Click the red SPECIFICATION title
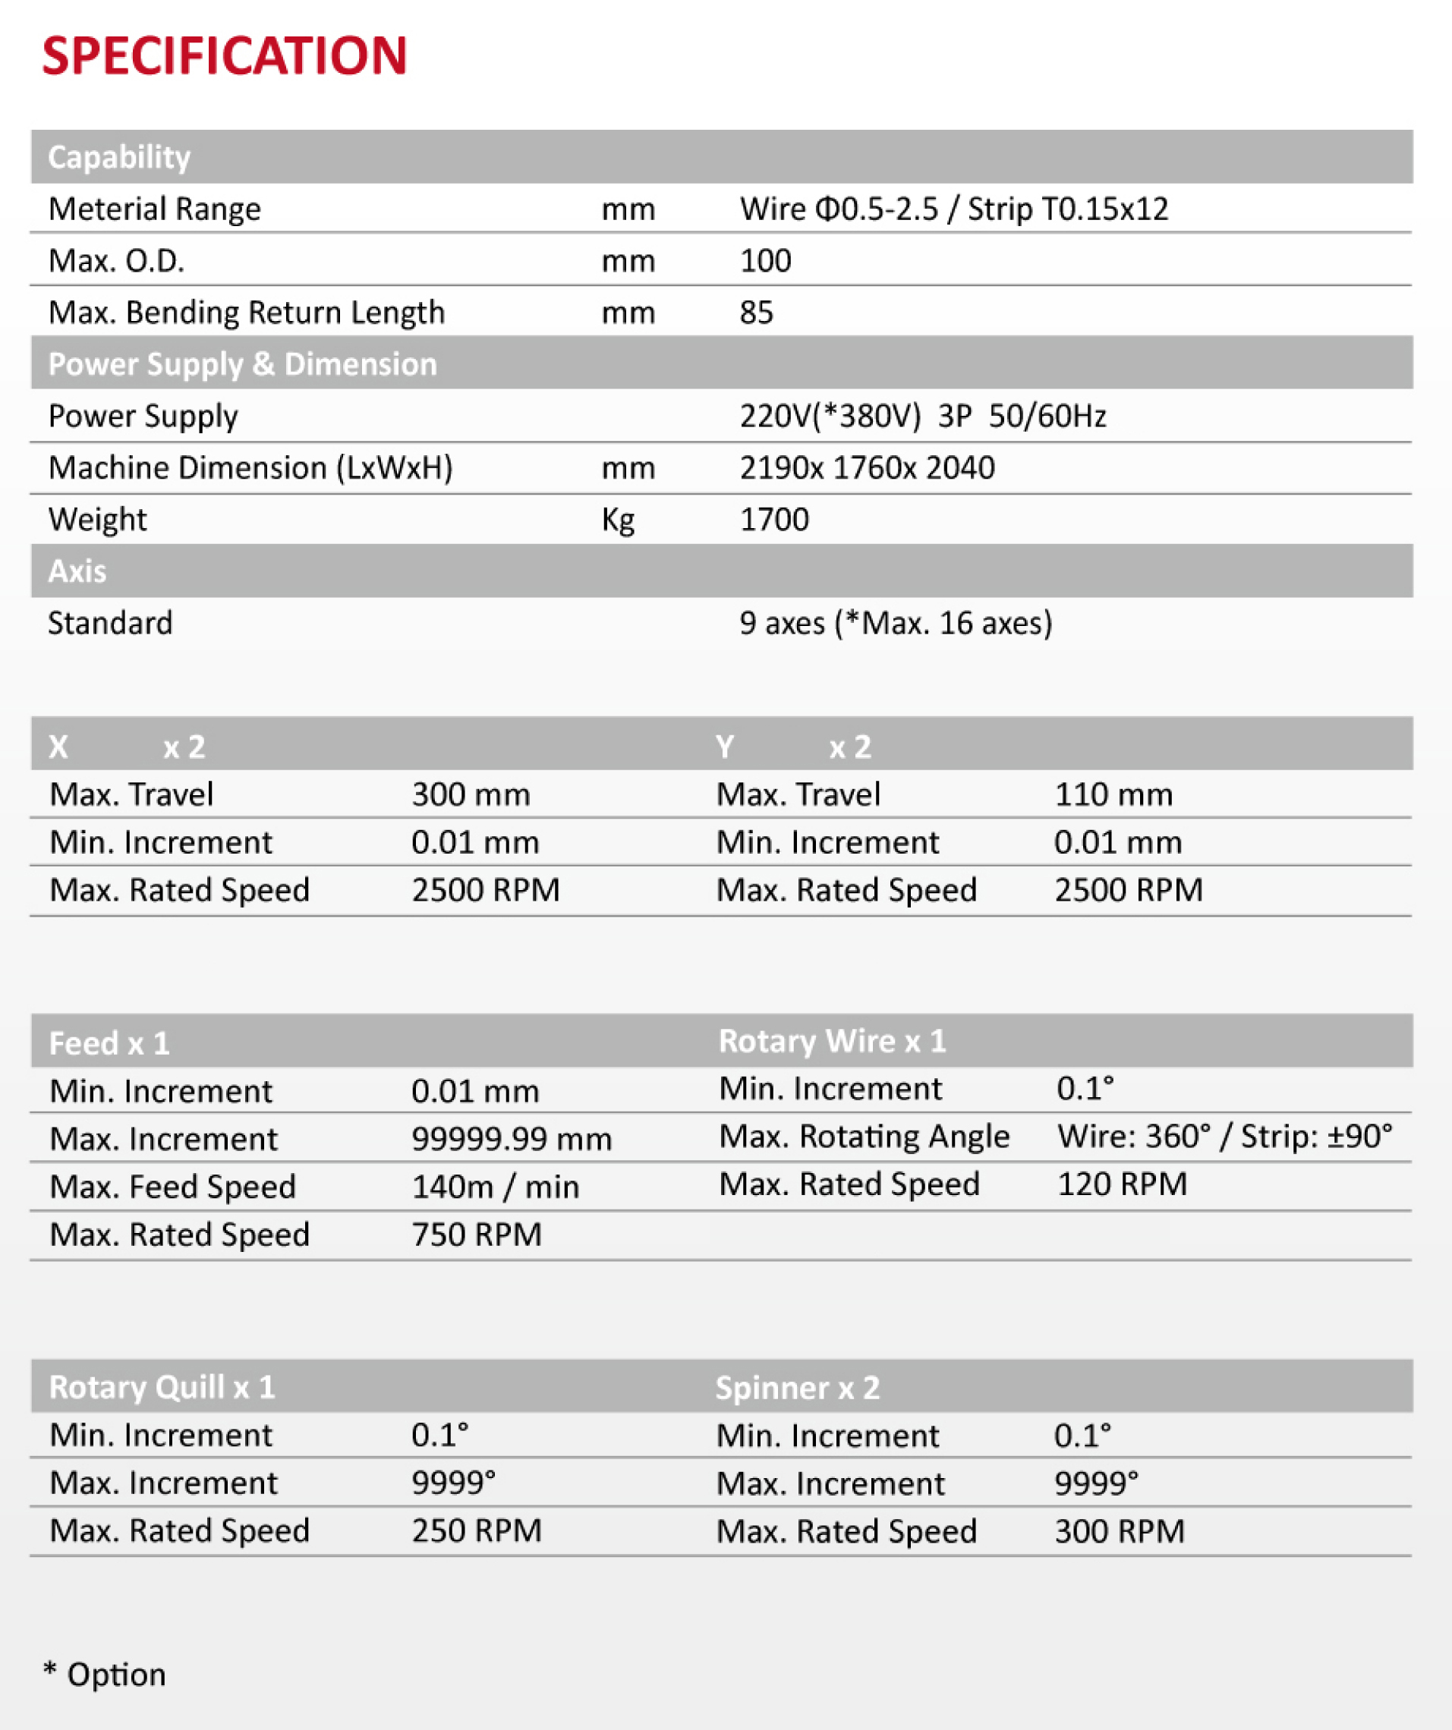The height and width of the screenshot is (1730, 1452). coord(224,56)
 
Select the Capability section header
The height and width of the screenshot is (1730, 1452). coord(119,156)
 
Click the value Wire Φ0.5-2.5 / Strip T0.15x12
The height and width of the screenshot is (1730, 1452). coord(953,209)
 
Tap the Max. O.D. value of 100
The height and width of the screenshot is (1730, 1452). coord(765,261)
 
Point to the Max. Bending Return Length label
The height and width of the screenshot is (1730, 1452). coord(247,313)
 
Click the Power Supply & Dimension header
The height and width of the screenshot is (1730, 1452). coord(242,364)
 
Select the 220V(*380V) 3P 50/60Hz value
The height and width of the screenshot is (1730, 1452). coord(922,416)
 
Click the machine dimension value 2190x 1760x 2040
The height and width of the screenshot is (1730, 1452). coord(867,468)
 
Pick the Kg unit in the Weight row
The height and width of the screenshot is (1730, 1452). coord(618,520)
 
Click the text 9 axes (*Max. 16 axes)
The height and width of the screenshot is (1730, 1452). coord(896,623)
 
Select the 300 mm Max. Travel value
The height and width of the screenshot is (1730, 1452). coord(471,795)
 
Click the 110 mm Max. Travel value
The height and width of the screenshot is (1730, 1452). coord(1113,795)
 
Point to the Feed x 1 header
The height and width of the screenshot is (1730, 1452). coord(109,1044)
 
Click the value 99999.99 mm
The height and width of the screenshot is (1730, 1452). coord(512,1140)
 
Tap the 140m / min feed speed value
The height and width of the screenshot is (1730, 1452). coord(496,1187)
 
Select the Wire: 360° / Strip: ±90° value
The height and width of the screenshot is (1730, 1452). coord(1224,1137)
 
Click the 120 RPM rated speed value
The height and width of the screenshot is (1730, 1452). coord(1122,1184)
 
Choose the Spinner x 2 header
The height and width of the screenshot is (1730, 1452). coord(797,1388)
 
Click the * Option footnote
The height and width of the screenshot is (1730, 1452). coord(105,1675)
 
